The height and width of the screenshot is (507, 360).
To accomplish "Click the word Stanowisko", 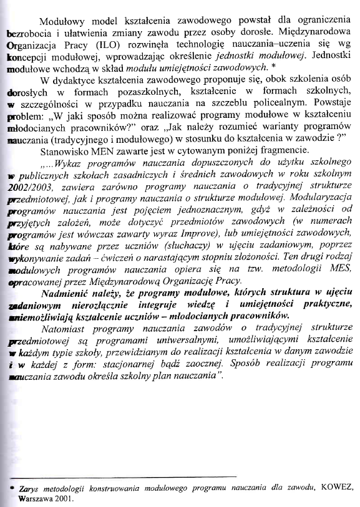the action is click(x=67, y=152).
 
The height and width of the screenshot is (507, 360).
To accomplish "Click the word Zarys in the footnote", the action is click(x=29, y=488).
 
